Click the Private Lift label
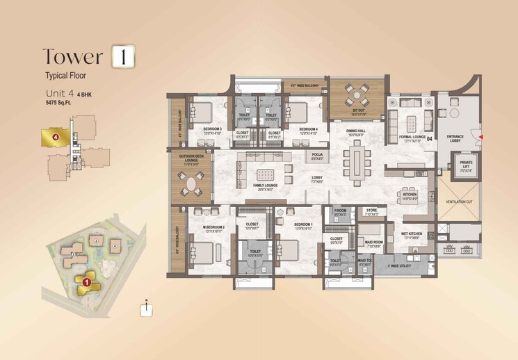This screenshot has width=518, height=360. coord(466,167)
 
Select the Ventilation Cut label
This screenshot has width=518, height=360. coord(460,202)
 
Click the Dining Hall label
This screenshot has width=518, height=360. coord(357,131)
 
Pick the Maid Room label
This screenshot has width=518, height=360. coord(375,243)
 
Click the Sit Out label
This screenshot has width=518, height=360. coord(359,109)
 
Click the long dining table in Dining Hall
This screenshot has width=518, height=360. coord(359,159)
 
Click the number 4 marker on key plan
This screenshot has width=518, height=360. coord(54,137)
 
